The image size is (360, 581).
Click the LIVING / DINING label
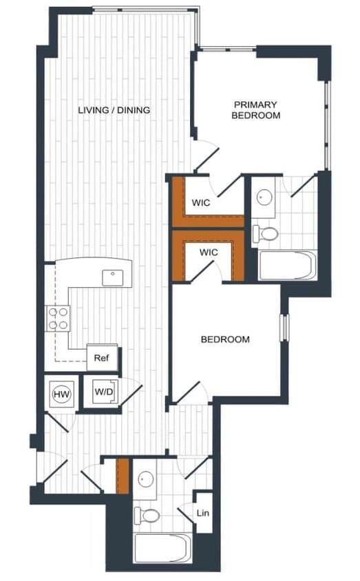pyautogui.click(x=114, y=110)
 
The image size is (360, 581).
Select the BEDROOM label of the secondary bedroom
pyautogui.click(x=224, y=339)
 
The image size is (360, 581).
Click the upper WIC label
pyautogui.click(x=201, y=203)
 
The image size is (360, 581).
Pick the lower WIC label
pyautogui.click(x=209, y=253)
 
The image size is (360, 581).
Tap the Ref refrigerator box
pyautogui.click(x=102, y=358)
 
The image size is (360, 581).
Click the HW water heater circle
pyautogui.click(x=60, y=394)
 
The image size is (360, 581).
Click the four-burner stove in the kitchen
pyautogui.click(x=58, y=317)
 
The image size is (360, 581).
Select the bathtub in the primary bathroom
pyautogui.click(x=287, y=265)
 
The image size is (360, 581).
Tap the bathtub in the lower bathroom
pyautogui.click(x=162, y=548)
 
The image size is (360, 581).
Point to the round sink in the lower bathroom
pyautogui.click(x=145, y=479)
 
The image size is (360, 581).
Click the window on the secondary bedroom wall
pyautogui.click(x=282, y=327)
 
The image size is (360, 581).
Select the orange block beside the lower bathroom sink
pyautogui.click(x=123, y=476)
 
